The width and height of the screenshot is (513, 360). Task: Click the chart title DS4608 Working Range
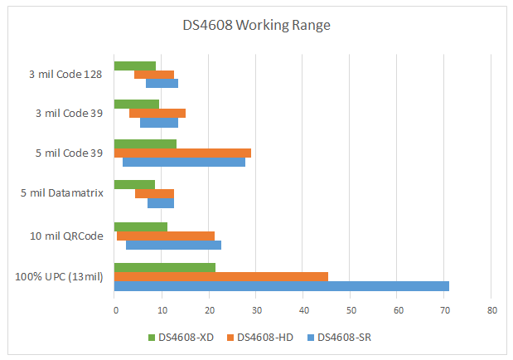(x=256, y=25)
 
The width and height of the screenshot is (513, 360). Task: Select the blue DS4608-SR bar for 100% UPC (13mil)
(x=281, y=286)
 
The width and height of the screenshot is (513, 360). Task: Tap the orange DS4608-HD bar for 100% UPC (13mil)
(x=220, y=276)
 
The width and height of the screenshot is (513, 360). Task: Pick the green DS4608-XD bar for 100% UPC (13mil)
(x=164, y=267)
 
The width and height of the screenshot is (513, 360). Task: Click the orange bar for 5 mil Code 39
(x=182, y=153)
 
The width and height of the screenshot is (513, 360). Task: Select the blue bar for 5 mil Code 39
(x=184, y=163)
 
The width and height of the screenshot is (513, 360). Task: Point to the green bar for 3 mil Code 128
(x=134, y=66)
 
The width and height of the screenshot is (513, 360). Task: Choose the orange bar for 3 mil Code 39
(x=157, y=113)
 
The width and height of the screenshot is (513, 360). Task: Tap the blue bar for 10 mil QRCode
(x=173, y=246)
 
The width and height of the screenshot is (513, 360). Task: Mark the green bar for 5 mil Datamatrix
(x=134, y=184)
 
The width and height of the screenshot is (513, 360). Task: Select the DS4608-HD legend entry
(x=264, y=337)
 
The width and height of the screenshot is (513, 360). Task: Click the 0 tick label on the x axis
(x=114, y=309)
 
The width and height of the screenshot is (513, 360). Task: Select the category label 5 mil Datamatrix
(x=62, y=193)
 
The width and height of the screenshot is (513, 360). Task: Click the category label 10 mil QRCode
(x=66, y=236)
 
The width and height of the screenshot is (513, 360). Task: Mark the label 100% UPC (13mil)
(x=59, y=276)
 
